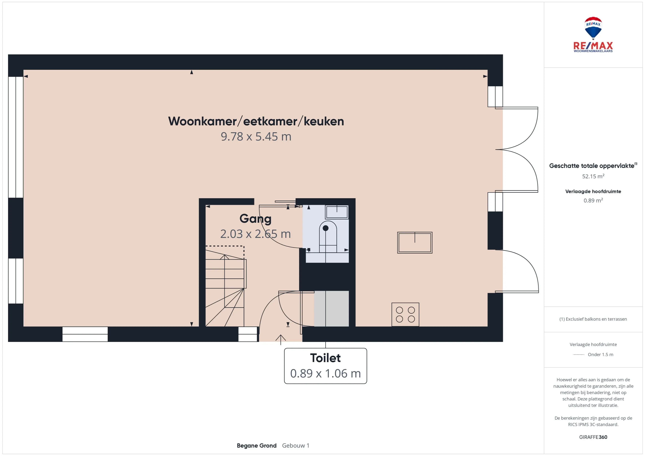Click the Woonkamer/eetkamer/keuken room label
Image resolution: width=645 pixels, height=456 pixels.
(x=256, y=121)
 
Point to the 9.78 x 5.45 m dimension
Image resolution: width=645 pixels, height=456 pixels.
(x=256, y=136)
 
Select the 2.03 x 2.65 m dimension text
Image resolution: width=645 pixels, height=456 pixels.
(x=255, y=234)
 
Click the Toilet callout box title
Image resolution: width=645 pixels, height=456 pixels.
(x=325, y=358)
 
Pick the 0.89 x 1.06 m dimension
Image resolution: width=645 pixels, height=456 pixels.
(x=325, y=373)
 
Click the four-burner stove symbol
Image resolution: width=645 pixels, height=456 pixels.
(x=405, y=314)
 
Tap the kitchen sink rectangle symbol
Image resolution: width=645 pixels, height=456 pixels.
(x=415, y=243)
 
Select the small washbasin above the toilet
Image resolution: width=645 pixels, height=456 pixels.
(x=337, y=212)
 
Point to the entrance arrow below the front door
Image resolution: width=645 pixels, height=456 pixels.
(x=281, y=339)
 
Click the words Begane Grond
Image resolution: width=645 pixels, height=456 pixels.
(x=257, y=446)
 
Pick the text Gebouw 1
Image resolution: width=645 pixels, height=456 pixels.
(x=295, y=446)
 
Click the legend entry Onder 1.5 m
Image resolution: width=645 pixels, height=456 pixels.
(x=600, y=354)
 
